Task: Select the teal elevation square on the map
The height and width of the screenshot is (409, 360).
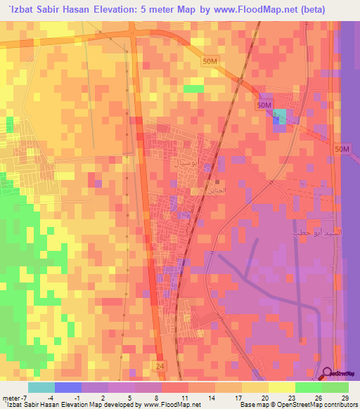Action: click(280, 117)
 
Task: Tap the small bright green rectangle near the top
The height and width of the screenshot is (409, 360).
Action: click(194, 89)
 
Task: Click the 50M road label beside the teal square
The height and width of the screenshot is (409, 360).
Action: click(264, 105)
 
